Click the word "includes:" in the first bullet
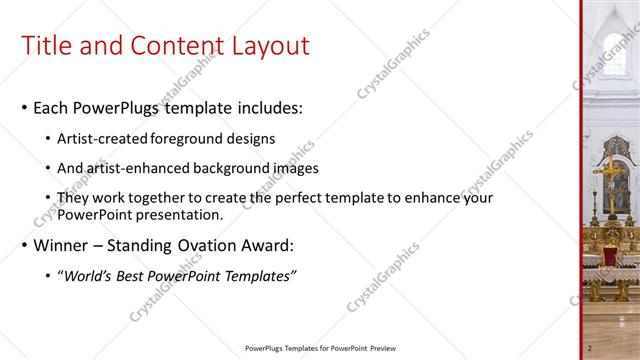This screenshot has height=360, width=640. coord(267,107)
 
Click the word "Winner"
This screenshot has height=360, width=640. coord(62,245)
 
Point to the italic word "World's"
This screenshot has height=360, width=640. coord(89,276)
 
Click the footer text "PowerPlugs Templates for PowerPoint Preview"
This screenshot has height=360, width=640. coord(315,348)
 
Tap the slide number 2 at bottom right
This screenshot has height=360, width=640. coord(590,347)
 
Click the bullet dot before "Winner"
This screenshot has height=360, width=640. coord(24,246)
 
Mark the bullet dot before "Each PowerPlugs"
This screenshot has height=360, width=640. coord(24,108)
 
